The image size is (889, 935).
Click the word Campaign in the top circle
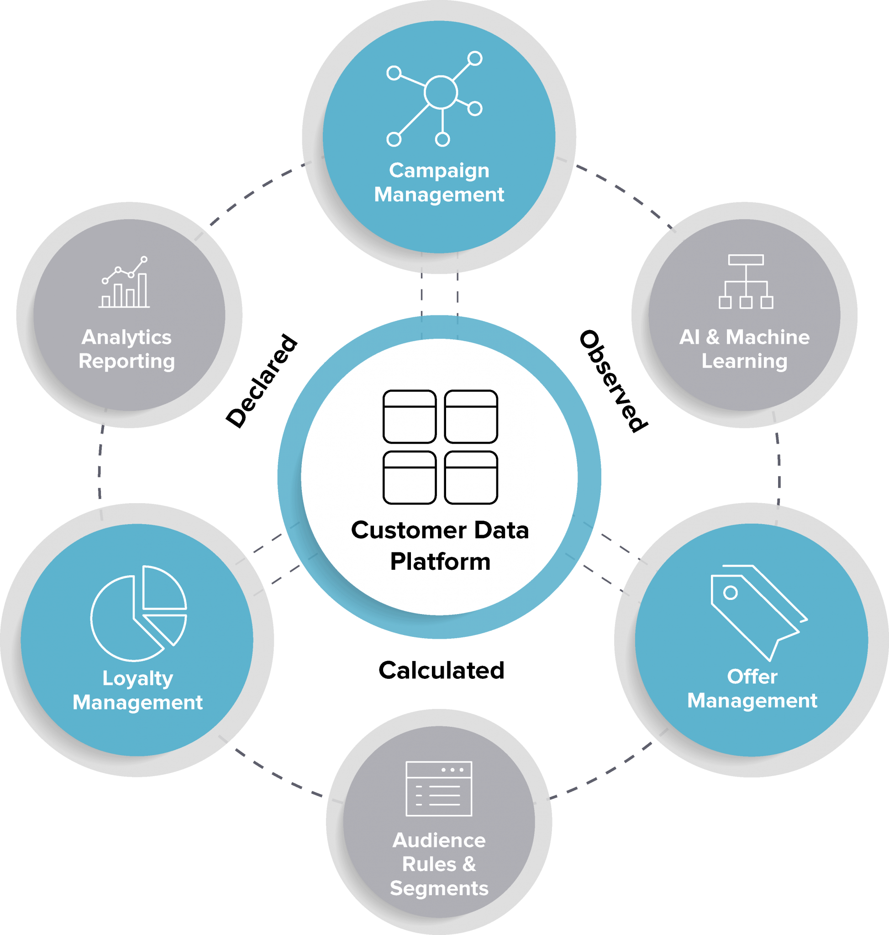pos(439,171)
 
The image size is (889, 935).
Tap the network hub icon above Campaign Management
pos(435,99)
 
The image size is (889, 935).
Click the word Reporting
pos(126,361)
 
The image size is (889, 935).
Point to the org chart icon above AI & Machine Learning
pos(746,282)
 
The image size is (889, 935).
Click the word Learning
pos(744,361)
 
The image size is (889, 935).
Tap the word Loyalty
pos(138,678)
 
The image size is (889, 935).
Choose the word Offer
pos(752,677)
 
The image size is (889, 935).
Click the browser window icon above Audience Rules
pos(439,788)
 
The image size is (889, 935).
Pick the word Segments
pos(439,888)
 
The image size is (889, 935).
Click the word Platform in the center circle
pos(440,562)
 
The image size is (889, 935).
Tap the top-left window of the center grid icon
pos(410,416)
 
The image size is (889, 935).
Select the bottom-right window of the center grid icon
pos(471,478)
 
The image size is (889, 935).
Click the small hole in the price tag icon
pos(730,593)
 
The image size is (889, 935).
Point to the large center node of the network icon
pos(441,92)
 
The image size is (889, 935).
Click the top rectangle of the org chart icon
pos(746,260)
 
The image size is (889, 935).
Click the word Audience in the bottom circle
pos(439,840)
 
